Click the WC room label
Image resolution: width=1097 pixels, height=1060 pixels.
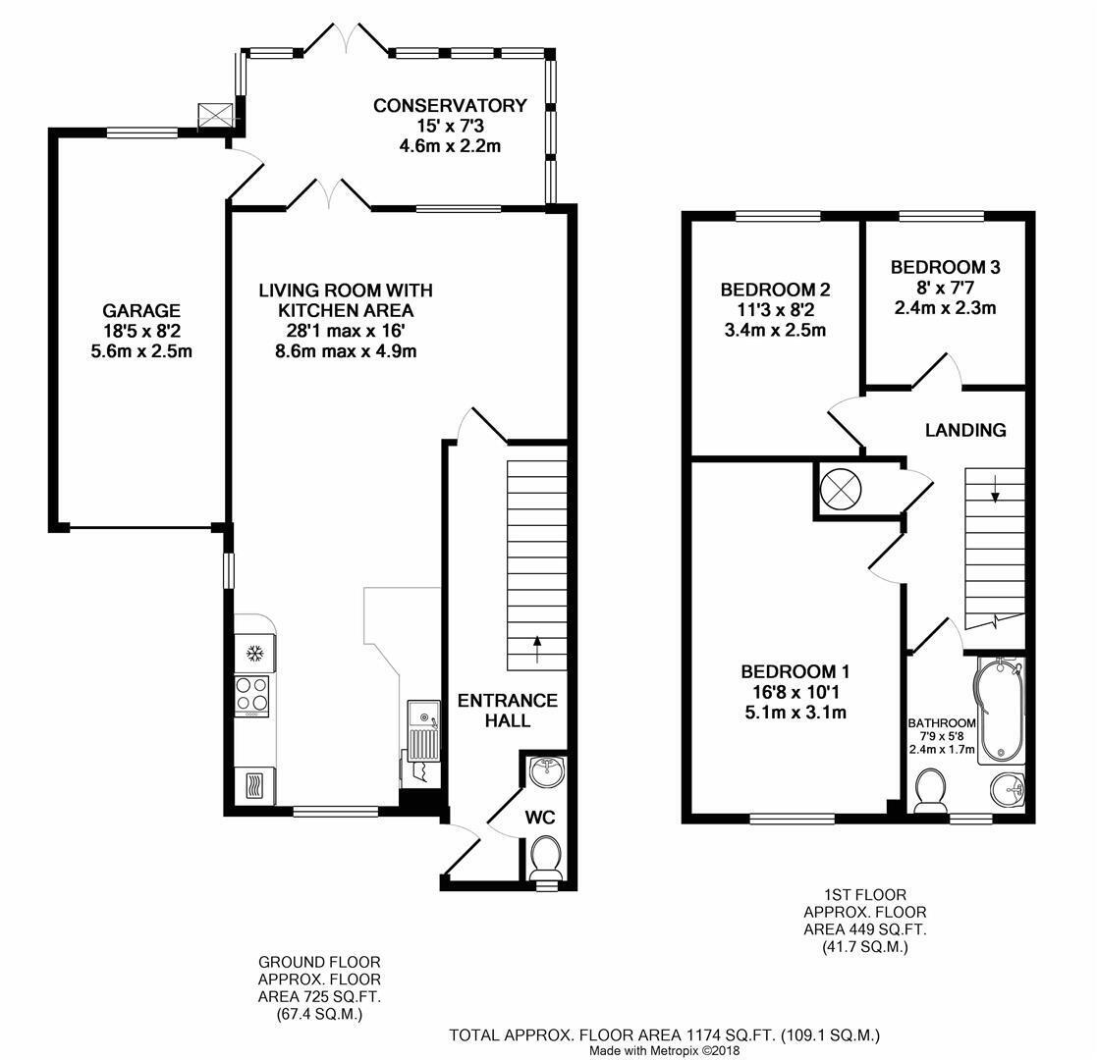[x=540, y=817]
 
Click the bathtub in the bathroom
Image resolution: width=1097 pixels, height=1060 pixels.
[x=1001, y=709]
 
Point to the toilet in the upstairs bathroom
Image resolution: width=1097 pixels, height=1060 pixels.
[x=930, y=791]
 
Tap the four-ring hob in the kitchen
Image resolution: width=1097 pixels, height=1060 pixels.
[x=251, y=696]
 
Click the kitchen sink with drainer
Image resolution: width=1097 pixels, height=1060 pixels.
[x=424, y=730]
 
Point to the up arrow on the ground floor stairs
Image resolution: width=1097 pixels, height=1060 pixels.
[x=536, y=649]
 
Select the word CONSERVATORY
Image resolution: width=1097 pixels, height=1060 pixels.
[x=450, y=106]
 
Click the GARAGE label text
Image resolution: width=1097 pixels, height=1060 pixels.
[x=141, y=310]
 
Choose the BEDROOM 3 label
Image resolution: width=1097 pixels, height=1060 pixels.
[x=945, y=267]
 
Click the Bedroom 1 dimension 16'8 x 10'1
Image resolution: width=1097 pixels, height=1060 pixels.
[x=795, y=692]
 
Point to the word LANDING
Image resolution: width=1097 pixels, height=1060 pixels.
[x=965, y=430]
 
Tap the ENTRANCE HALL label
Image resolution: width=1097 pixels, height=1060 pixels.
[x=508, y=711]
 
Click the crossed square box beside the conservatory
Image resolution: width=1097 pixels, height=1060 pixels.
[x=215, y=114]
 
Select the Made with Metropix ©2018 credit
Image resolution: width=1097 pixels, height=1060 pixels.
[x=664, y=1050]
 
